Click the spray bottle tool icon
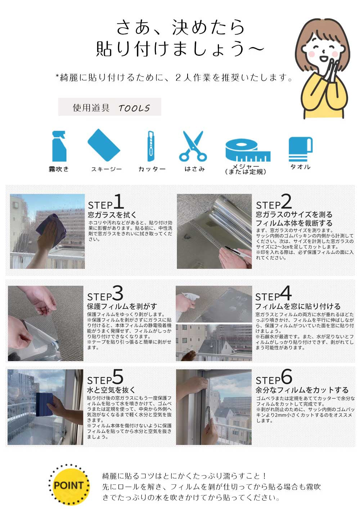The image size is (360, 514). point(59,146)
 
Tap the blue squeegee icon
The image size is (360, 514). point(104,145)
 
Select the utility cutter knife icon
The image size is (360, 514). point(151,146)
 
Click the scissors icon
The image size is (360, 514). point(193,146)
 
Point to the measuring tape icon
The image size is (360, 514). point(248,150)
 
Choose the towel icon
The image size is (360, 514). point(300,149)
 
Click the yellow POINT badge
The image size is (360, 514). point(69,485)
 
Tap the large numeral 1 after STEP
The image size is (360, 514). point(119,201)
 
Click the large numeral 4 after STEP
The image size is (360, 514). point(285,293)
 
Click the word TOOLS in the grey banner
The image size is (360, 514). point(134,108)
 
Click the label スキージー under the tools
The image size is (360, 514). point(107,169)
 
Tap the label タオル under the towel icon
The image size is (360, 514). point(300,167)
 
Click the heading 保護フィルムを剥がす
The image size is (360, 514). point(122,306)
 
